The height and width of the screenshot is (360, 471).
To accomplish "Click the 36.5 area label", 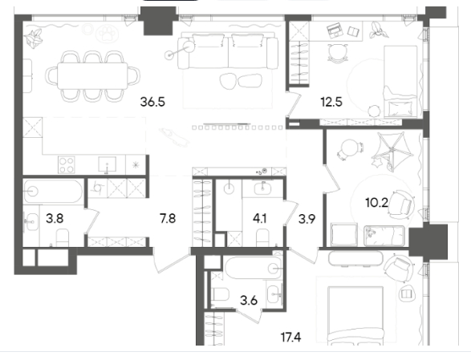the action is point(152,102).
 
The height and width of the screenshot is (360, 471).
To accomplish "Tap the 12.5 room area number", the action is point(331,102).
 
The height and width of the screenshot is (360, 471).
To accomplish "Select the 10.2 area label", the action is point(376,203).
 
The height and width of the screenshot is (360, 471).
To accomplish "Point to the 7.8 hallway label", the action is point(168,219).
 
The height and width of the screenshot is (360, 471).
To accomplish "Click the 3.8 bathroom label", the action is point(55,218).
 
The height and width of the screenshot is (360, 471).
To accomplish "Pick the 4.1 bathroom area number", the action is point(259,219).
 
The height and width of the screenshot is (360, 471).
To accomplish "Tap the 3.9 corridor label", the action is point(307,219).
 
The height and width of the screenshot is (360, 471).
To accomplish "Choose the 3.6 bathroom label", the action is point(249,300).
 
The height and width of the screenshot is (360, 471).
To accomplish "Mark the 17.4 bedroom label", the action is point(290,338).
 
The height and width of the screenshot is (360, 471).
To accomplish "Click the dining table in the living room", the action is point(92,75).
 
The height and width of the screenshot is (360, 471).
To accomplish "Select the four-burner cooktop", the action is point(67,165).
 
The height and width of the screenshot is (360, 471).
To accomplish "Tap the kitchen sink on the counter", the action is point(108,164).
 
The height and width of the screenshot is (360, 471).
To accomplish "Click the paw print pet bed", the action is point(107,34).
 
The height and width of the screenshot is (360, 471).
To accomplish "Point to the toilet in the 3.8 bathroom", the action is point(63,237).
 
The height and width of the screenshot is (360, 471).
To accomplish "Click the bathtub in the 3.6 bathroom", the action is point(254,268).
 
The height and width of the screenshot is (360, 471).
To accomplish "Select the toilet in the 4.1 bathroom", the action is point(262,238).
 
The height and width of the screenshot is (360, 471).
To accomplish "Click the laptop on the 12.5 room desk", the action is point(335,31).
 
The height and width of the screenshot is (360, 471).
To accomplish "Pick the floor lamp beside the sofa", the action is point(181,51).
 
